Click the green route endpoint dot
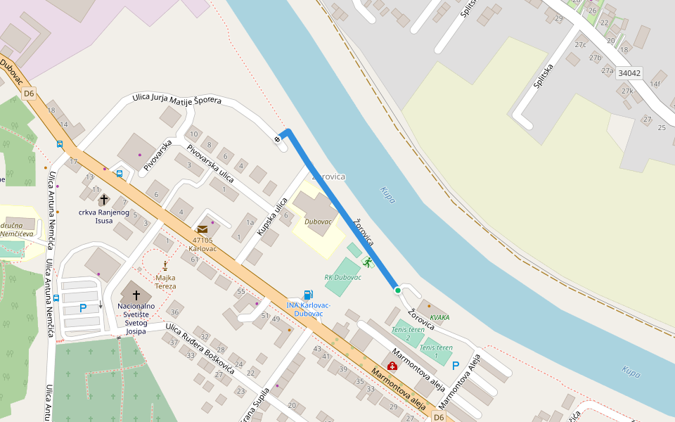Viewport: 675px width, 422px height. tap(397, 290)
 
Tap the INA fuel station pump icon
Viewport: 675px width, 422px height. tap(308, 295)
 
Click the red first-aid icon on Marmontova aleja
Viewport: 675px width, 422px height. tap(392, 366)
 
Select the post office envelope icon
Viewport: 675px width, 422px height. tap(202, 229)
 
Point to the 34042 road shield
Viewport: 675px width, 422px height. tap(629, 73)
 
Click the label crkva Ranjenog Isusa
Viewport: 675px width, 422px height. tap(104, 216)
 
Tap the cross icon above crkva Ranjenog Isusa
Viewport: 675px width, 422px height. tap(104, 200)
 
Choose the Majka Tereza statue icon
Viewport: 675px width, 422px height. tap(165, 265)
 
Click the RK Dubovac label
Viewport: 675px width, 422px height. tap(342, 277)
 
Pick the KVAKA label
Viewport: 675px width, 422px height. tap(439, 318)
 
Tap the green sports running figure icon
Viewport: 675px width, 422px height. tap(367, 262)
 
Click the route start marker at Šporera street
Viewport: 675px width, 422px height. tap(278, 139)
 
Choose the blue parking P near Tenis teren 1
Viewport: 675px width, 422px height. tap(456, 366)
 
